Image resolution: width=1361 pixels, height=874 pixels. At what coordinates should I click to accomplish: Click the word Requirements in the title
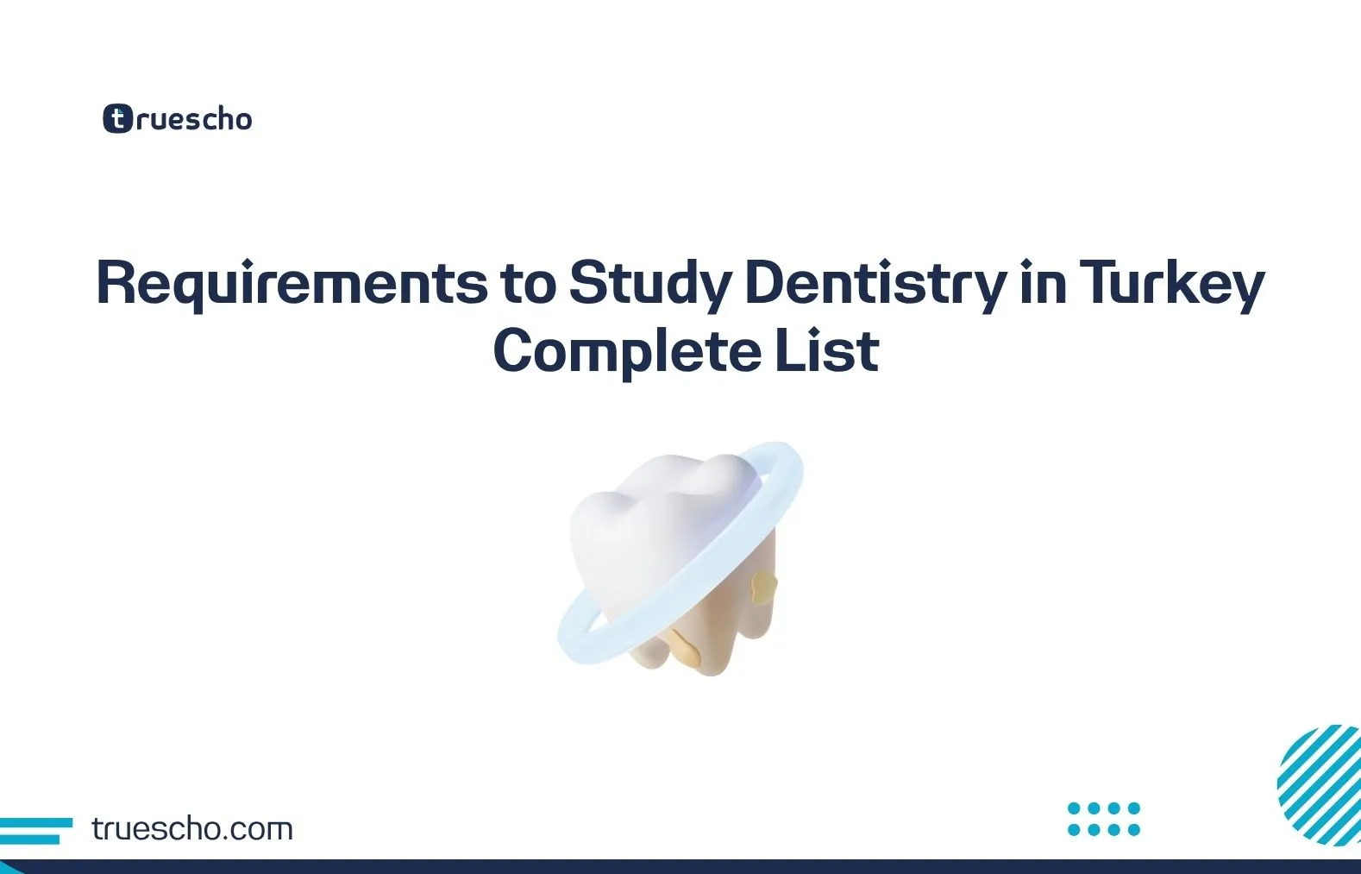click(x=292, y=283)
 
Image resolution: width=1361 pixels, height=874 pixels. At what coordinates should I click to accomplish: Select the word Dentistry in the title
click(x=875, y=283)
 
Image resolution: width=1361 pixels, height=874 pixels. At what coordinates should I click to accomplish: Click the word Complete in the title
click(x=626, y=351)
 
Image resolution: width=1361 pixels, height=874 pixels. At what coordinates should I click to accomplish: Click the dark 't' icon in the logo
click(x=117, y=118)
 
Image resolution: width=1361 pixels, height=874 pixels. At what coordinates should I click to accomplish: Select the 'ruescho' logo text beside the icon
click(x=194, y=119)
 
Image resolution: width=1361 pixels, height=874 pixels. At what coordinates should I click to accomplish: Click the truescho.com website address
click(x=191, y=829)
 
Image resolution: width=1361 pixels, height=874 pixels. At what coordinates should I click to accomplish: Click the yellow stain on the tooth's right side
click(x=763, y=588)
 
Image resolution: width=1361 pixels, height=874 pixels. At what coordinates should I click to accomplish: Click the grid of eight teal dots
click(x=1103, y=819)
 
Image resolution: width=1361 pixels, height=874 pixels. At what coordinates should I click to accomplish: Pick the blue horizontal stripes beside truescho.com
click(x=34, y=830)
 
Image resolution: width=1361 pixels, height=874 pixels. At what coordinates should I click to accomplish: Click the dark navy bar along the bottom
click(x=680, y=866)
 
